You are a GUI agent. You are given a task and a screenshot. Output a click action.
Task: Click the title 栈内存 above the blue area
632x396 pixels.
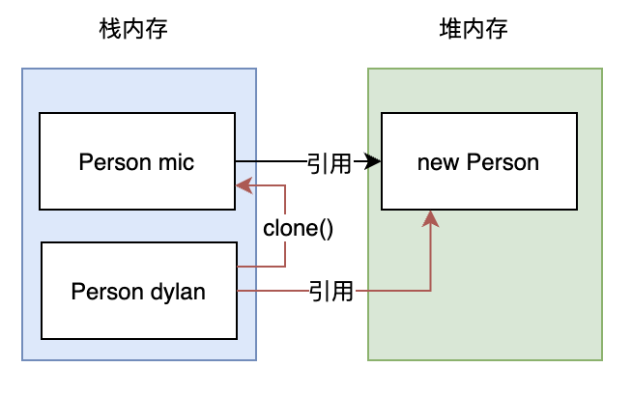pos(133,30)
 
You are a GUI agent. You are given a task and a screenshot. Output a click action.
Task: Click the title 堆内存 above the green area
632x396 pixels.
pos(474,30)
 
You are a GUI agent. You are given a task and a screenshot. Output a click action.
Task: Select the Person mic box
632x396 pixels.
pos(136,160)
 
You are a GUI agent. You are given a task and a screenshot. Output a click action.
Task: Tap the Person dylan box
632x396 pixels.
pos(138,291)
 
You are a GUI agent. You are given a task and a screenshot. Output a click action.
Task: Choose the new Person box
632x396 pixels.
pos(478,161)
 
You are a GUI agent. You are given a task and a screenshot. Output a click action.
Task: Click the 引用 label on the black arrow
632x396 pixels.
pos(330,162)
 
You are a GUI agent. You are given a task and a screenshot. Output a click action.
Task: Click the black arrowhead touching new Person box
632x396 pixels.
pos(373,162)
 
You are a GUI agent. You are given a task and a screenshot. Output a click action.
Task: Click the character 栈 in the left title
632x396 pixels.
pos(111,30)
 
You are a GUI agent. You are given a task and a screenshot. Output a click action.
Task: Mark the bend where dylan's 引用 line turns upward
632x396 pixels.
pos(431,291)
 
